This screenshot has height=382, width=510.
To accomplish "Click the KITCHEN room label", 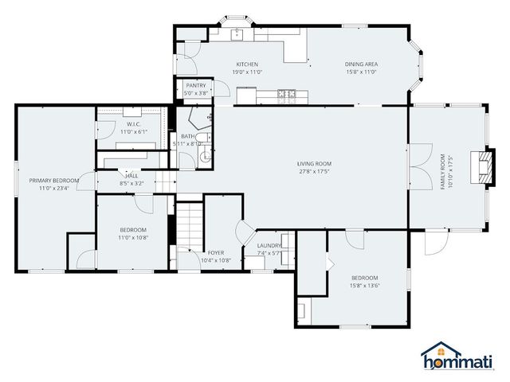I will tap(247, 64).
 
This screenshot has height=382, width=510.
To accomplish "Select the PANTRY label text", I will tap(196, 85).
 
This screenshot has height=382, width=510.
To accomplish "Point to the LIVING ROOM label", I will tap(315, 164).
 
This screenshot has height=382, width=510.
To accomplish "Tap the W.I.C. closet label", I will tap(133, 124).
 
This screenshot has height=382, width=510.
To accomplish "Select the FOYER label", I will tap(215, 252).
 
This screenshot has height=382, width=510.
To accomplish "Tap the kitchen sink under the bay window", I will tap(237, 33).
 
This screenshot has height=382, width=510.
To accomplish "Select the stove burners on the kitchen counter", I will tap(285, 96).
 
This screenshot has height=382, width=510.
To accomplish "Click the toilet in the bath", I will tap(206, 155).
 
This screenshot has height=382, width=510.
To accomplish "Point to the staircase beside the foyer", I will tap(190, 226).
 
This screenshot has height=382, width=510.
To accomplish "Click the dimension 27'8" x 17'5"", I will tap(315, 171).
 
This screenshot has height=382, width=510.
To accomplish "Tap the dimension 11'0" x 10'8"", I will tap(133, 237).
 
